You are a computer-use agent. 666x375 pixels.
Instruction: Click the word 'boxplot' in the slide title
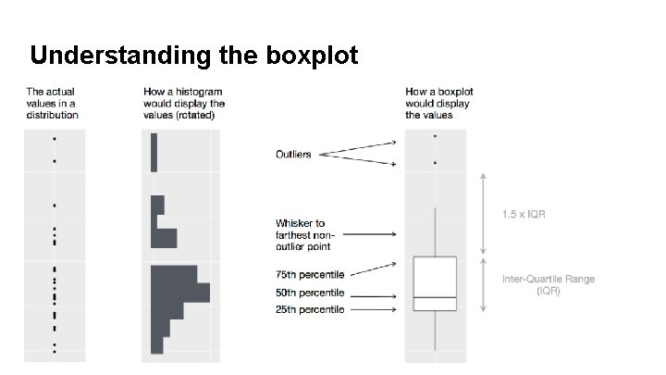pos(312,56)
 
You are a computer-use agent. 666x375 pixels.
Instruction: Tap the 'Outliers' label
pos(293,154)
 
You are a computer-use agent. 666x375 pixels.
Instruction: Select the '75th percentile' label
pos(310,275)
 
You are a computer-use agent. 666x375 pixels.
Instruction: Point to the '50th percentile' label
pos(310,293)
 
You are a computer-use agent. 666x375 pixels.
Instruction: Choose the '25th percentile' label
pos(310,309)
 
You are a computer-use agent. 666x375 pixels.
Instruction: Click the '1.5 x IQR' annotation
pos(524,214)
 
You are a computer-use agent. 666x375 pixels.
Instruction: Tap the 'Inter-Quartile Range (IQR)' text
pos(549,284)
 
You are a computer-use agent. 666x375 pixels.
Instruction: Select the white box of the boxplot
pos(435,276)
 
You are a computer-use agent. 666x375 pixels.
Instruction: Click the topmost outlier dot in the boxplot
pos(435,136)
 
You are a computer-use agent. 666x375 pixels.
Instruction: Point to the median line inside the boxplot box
pos(435,297)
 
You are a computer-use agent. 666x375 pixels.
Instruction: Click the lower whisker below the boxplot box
pos(435,330)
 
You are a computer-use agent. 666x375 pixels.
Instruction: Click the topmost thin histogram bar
pos(154,152)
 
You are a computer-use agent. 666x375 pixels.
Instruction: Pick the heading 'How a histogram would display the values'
pos(185,104)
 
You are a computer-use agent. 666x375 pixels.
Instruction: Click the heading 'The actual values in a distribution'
pos(53,104)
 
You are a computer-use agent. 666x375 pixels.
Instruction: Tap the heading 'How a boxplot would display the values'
pos(438,104)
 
